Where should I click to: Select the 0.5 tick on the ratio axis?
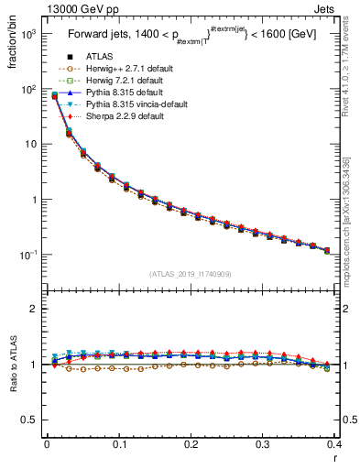(30, 420)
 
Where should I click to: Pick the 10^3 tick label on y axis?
(27, 34)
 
